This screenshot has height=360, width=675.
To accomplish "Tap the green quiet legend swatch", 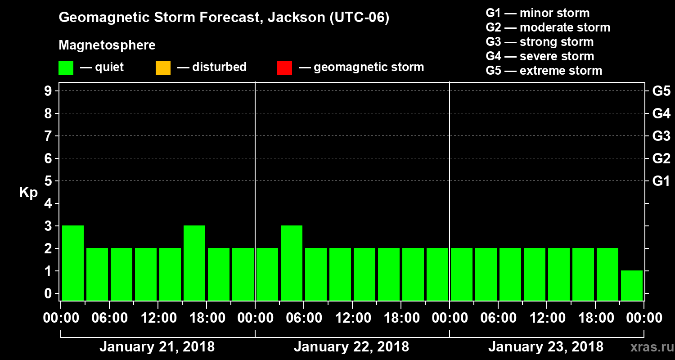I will tap(66, 68).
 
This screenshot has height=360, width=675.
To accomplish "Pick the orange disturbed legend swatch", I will tap(163, 68).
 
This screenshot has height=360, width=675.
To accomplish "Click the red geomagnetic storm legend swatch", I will tap(284, 68).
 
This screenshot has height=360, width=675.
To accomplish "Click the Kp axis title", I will tap(28, 193).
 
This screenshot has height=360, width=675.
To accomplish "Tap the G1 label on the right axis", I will tap(661, 181).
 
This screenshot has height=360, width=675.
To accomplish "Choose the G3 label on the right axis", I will tap(661, 136).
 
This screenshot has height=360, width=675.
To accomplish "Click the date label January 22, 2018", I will tap(351, 347).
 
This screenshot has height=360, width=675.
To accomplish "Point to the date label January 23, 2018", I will tap(546, 347).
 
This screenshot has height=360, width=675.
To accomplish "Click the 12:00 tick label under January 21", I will tap(158, 318).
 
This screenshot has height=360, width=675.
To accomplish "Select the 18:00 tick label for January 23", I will tap(595, 318).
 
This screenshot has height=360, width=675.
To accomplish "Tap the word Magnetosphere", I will tap(107, 45).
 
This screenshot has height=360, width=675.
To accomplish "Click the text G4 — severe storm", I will tap(540, 56).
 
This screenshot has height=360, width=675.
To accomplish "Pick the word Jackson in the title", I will tap(290, 18).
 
